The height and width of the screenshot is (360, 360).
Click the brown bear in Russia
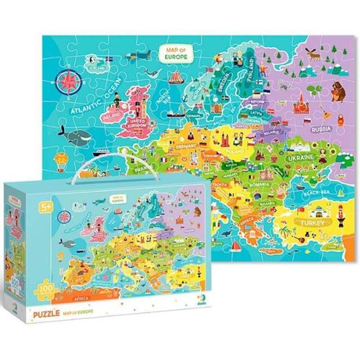334,89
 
